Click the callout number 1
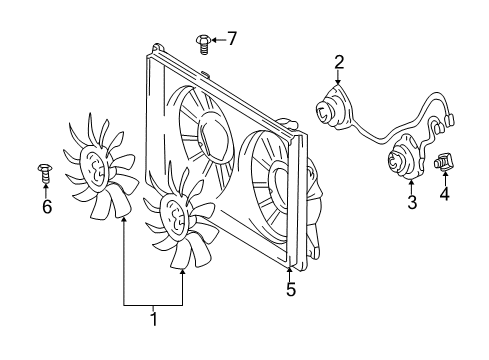point(153,321)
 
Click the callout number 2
point(339,62)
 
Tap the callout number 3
point(411,204)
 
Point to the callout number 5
point(290,291)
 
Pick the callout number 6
point(46,207)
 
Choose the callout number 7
point(231,39)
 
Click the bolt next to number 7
point(203,41)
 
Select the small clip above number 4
point(444,158)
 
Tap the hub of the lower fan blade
point(173,216)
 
